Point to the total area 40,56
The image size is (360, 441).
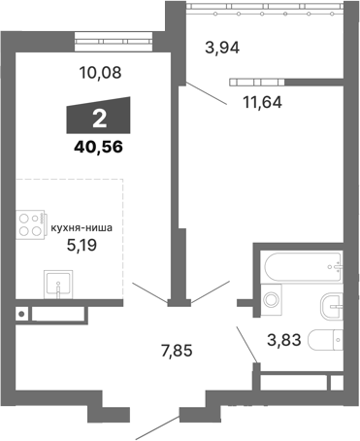pyautogui.click(x=97, y=150)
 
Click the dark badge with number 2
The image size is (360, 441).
pyautogui.click(x=99, y=119)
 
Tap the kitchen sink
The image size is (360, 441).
pyautogui.click(x=59, y=285)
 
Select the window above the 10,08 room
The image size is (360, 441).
pyautogui.click(x=115, y=40)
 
